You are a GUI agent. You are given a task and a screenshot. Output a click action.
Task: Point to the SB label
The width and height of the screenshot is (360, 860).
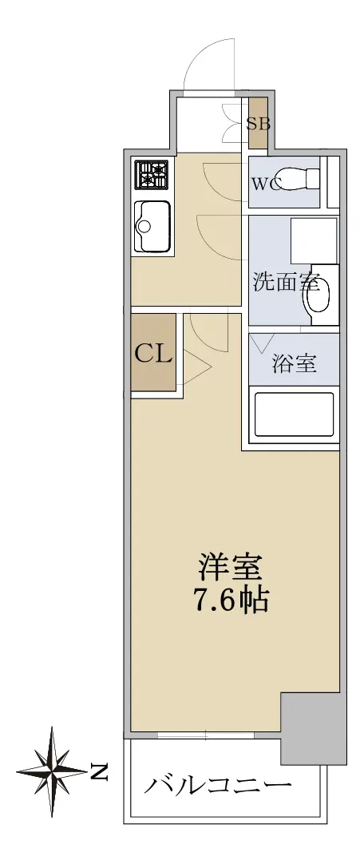258,124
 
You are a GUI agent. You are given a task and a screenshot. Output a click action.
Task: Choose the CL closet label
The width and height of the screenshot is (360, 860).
153,354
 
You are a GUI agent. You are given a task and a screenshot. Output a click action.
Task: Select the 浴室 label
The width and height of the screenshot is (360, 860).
295,363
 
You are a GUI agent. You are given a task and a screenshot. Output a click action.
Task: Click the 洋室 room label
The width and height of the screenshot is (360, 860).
231,569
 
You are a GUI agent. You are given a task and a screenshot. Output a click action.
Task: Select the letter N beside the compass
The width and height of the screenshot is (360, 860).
99,772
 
